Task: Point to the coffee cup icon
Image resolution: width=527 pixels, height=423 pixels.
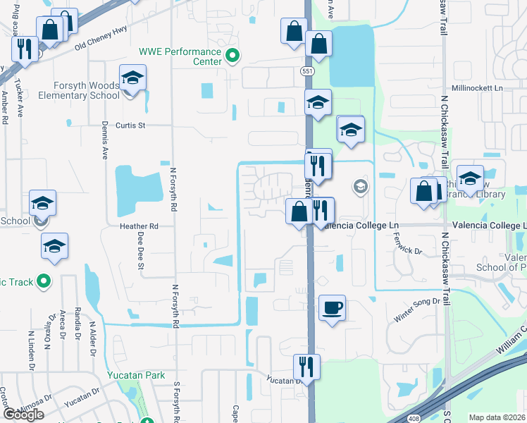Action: [332, 309]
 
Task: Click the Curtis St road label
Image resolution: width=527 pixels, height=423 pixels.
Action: [130, 125]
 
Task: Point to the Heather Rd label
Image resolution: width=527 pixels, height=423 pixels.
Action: [139, 226]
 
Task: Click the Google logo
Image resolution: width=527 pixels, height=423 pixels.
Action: [23, 414]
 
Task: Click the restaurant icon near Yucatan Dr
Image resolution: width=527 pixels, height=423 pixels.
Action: [306, 367]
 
